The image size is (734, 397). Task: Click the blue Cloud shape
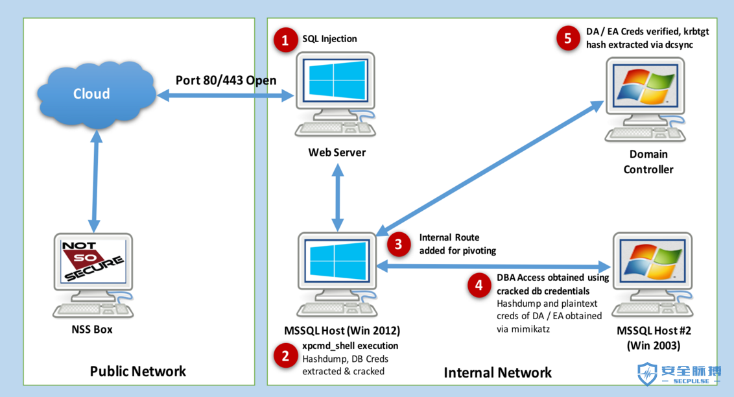pos(96,94)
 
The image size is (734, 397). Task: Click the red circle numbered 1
pos(285,40)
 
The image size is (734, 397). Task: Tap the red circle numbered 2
pos(285,356)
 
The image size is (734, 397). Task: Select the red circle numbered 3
pos(398,244)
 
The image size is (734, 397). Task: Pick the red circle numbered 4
pos(479,285)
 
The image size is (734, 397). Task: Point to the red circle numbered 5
pos(568,38)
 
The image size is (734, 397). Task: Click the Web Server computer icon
pos(335,94)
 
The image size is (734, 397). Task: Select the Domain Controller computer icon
pos(646,100)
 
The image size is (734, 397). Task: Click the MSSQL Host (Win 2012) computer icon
pos(337,274)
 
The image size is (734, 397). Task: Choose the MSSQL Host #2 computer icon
pos(652,275)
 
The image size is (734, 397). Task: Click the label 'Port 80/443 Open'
pos(226,80)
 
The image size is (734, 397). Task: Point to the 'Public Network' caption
pos(138,371)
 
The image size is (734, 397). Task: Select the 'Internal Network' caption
pos(497,372)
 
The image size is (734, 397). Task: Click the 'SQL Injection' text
pos(329,39)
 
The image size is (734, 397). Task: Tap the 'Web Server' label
pos(337,152)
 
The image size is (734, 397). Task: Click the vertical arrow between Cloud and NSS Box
pos(95,181)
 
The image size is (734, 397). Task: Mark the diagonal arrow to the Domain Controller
pos(490,167)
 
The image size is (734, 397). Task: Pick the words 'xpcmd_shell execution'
pos(350,346)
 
